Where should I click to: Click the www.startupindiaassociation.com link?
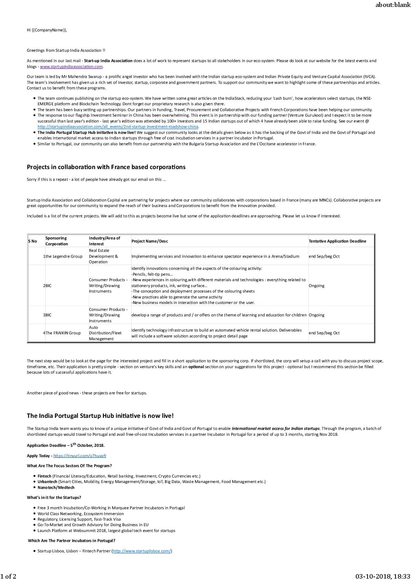click(71, 67)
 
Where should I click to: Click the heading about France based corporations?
click(106, 167)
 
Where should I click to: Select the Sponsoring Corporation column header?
click(57, 241)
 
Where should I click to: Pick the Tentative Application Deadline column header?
click(337, 241)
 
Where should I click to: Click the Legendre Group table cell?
click(64, 256)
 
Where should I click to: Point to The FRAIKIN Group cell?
click(63, 333)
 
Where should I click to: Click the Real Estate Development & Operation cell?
click(104, 256)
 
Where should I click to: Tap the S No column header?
click(32, 241)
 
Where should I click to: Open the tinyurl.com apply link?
click(80, 456)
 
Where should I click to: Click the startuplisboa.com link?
click(141, 551)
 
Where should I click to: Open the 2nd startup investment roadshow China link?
click(118, 127)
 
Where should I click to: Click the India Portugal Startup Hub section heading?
click(100, 416)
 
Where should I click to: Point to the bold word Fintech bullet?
click(45, 476)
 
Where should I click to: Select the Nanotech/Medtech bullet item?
click(56, 488)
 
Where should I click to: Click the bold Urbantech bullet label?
click(47, 482)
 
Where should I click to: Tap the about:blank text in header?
click(393, 5)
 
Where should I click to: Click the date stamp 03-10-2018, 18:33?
click(383, 576)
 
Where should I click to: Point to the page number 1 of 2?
click(8, 576)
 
